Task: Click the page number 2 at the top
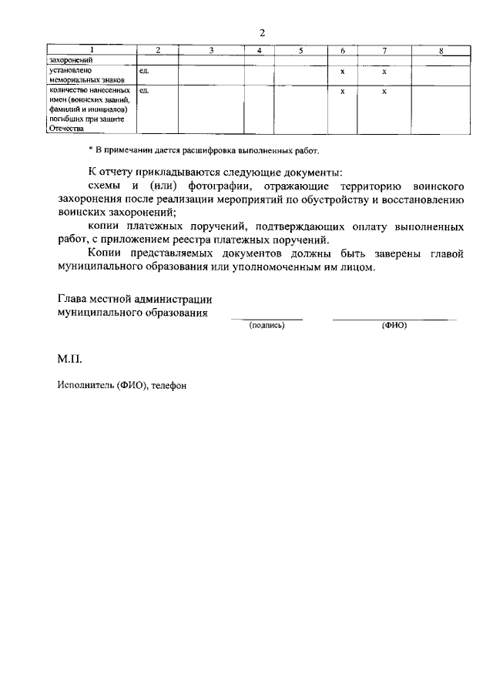pos(262,32)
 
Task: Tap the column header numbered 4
pos(260,51)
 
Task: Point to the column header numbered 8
pos(440,51)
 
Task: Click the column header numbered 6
pos(342,51)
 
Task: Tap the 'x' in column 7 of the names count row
pos(384,91)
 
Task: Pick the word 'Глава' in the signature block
pos(72,299)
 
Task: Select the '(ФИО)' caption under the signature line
pos(394,326)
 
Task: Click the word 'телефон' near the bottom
pos(169,385)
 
